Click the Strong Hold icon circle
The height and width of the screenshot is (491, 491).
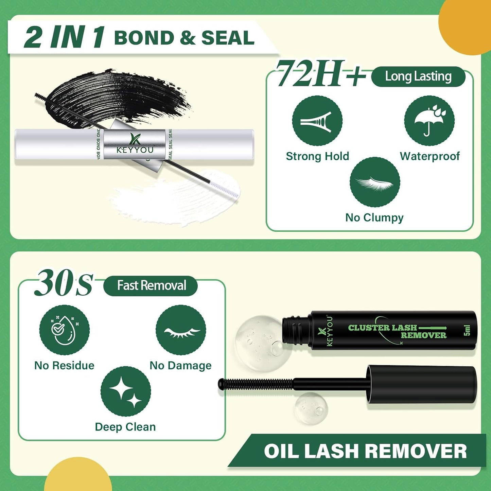[317, 121]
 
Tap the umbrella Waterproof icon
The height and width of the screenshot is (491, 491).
[429, 121]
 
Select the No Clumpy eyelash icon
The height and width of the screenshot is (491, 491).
[375, 182]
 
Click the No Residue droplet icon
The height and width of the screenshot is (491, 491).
[64, 330]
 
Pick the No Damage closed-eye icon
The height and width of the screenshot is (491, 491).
[181, 330]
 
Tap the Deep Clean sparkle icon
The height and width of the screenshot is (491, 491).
[126, 391]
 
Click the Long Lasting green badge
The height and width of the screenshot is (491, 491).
[418, 77]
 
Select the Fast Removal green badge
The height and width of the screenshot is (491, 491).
[151, 286]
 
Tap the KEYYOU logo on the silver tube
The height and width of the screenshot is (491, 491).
[135, 145]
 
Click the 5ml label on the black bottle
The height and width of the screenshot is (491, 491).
[467, 330]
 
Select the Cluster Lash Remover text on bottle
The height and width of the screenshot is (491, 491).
[397, 331]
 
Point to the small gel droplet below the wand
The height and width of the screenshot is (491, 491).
[311, 408]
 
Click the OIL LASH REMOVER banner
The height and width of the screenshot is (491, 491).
[365, 451]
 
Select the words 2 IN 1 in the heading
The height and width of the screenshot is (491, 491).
[65, 37]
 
